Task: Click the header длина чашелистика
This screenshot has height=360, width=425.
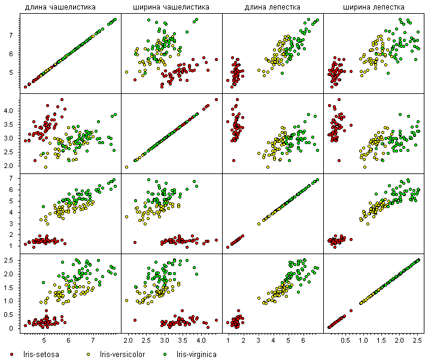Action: [60, 7]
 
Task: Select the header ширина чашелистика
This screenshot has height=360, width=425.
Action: [171, 7]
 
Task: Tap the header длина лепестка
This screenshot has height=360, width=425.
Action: [272, 7]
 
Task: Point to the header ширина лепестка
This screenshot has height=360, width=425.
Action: [374, 7]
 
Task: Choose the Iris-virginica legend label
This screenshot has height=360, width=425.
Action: [196, 354]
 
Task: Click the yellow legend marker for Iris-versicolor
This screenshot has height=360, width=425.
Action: [89, 354]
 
